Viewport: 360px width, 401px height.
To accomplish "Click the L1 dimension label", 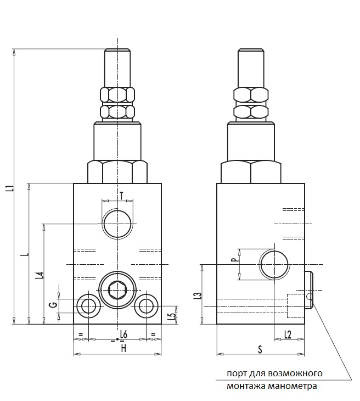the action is click(10, 188).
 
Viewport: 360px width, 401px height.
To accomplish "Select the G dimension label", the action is click(53, 305).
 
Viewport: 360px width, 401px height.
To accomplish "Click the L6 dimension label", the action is click(124, 334).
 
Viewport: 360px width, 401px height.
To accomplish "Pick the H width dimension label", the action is click(123, 348).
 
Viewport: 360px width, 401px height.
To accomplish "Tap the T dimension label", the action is click(122, 196).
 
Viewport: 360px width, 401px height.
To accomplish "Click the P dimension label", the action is click(234, 260).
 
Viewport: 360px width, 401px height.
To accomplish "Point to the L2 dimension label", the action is click(288, 335).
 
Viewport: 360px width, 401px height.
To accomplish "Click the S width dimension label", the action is click(260, 349).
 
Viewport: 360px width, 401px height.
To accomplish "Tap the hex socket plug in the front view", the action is click(117, 289).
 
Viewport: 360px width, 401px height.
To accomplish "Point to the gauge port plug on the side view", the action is click(308, 290).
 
